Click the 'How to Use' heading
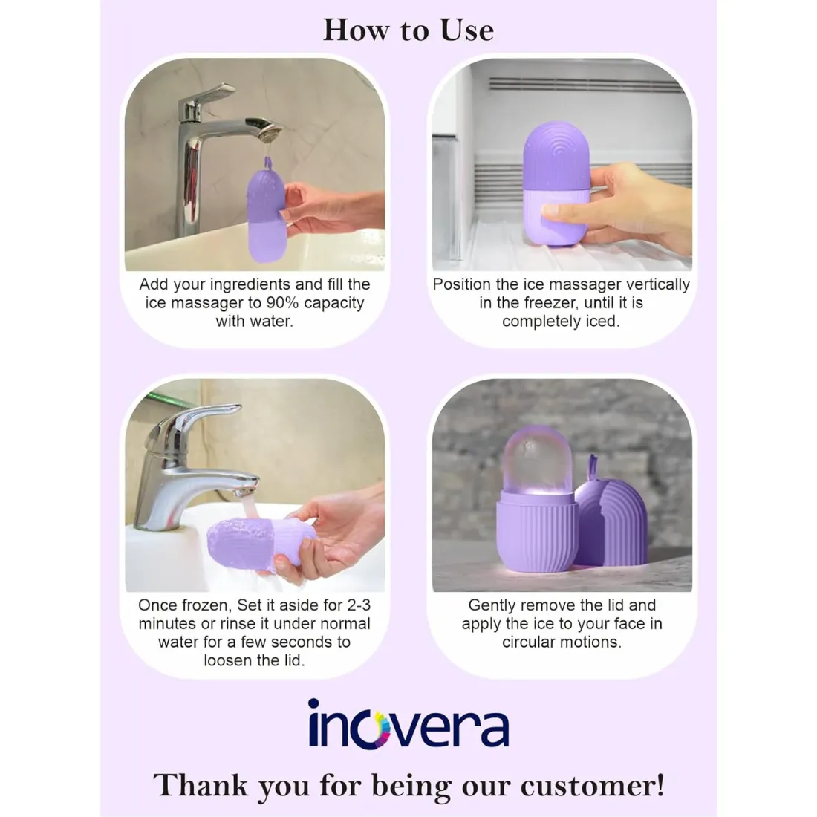pyautogui.click(x=408, y=30)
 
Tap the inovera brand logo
pyautogui.click(x=408, y=723)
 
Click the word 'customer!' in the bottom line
pyautogui.click(x=593, y=786)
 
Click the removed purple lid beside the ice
pyautogui.click(x=611, y=517)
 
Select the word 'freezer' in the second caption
pyautogui.click(x=550, y=303)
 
